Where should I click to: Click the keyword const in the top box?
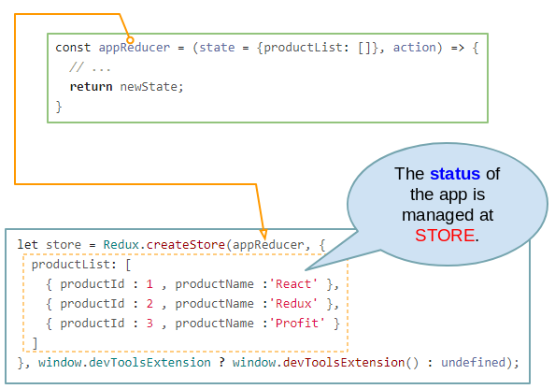coord(73,48)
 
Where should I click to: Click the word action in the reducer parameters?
coord(415,48)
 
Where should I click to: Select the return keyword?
coord(91,86)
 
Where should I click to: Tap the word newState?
coord(149,86)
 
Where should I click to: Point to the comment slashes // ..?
coord(77,67)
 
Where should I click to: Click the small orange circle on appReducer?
coord(130,39)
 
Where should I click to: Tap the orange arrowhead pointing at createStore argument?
coord(263,234)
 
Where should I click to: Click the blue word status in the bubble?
coord(455,174)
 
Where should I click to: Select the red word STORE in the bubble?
coord(445,236)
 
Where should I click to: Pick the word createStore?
coord(186,244)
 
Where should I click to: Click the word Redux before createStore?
coord(121,244)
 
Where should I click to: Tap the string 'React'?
coord(293,283)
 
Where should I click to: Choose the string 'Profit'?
coord(296,324)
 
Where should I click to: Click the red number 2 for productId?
coord(149,304)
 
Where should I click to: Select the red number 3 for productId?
coord(149,324)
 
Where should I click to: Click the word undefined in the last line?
coord(473,362)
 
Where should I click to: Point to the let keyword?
coord(28,244)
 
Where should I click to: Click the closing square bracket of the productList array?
coord(35,343)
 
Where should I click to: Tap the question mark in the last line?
coord(221,362)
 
